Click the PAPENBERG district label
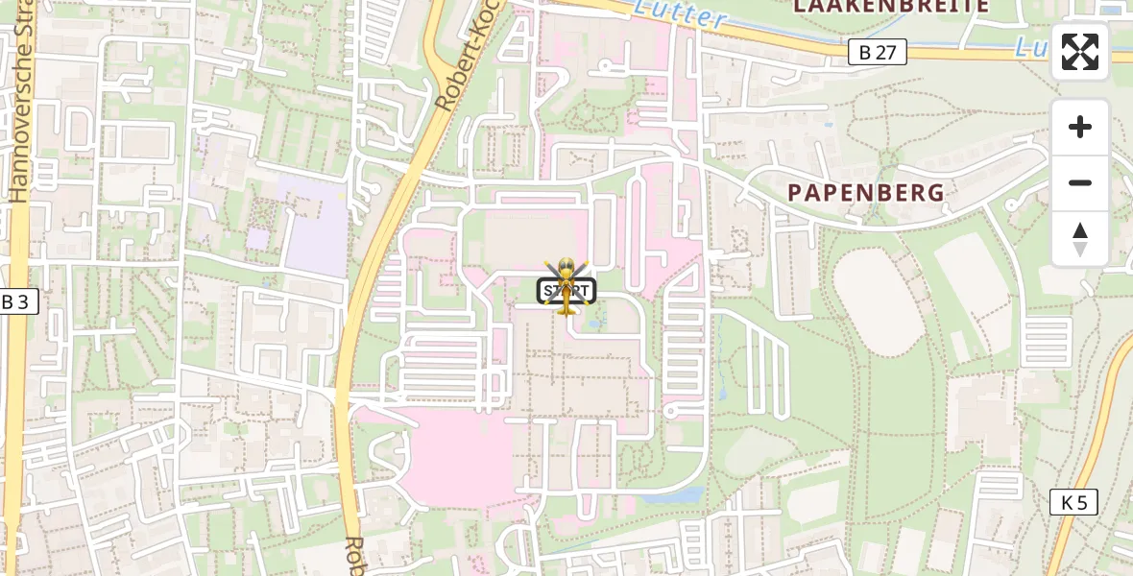[x=866, y=192]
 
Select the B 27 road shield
[x=878, y=52]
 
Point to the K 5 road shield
[x=1073, y=501]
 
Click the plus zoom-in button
[x=1080, y=127]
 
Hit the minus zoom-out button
[x=1080, y=182]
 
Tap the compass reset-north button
[x=1080, y=238]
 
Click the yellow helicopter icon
[x=566, y=284]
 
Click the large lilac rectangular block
[x=315, y=226]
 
